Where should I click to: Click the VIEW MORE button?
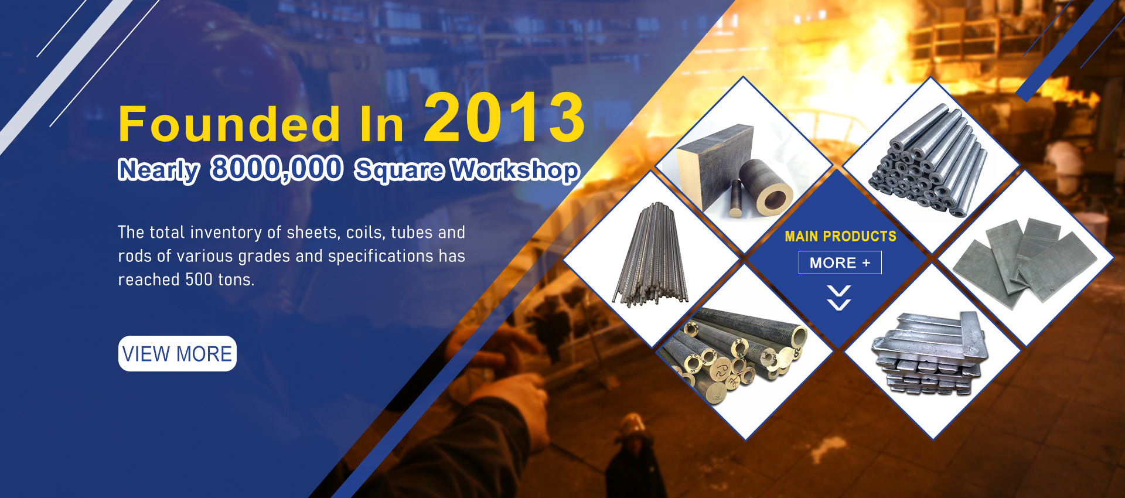[178, 353]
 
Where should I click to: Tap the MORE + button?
[840, 262]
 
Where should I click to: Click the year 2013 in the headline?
[504, 118]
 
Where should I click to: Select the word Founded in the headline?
[229, 124]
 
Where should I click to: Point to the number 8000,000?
[277, 169]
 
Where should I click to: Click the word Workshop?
[516, 170]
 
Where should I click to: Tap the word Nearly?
[159, 170]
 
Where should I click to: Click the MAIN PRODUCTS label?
[840, 236]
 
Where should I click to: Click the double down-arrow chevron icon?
[839, 298]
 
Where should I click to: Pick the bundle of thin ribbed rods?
[651, 255]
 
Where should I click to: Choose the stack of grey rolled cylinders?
[928, 162]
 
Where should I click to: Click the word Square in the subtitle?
[400, 170]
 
